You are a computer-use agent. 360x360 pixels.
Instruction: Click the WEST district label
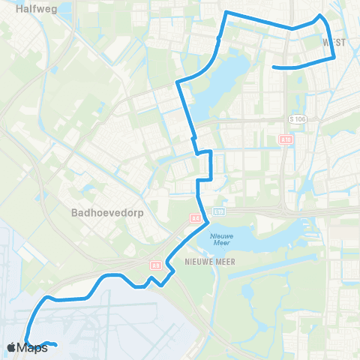point(334,43)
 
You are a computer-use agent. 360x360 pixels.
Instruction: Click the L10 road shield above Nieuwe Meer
point(219,211)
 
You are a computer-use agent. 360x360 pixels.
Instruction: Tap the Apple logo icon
point(11,347)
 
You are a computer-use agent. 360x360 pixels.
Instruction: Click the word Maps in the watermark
point(34,347)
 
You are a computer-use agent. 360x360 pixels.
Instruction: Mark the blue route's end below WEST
point(273,67)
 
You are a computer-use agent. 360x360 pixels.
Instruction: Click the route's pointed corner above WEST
point(320,15)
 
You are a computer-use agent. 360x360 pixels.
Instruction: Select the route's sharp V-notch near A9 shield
point(151,279)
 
